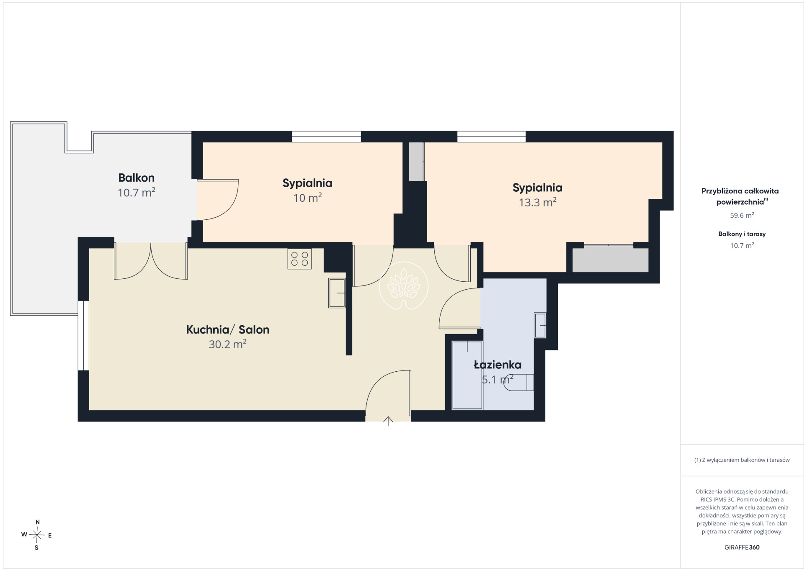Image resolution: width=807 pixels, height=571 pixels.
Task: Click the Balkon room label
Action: [137, 178]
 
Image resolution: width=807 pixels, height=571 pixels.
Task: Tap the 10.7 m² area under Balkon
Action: [137, 193]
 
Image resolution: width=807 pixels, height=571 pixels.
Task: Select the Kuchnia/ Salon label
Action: [228, 330]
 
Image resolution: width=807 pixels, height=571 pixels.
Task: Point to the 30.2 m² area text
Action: [228, 344]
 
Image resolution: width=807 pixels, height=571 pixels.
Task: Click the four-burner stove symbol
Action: [299, 259]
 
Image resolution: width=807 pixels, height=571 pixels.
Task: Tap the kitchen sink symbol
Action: [337, 293]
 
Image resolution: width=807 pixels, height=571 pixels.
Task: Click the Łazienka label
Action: [498, 365]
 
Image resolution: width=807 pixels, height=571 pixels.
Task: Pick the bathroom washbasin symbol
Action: [540, 325]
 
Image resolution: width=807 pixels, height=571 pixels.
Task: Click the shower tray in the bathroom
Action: [467, 376]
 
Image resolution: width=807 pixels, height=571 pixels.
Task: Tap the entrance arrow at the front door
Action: [388, 421]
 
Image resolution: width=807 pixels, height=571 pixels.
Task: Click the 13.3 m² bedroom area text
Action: [538, 203]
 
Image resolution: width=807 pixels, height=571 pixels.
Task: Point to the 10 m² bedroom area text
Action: [307, 198]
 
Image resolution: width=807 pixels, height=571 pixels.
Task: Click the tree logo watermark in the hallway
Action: [404, 285]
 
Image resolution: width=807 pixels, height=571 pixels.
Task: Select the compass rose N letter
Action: [38, 522]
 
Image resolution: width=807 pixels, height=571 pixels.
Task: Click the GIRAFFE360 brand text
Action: [742, 547]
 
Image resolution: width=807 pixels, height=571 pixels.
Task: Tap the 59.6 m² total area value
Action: [742, 215]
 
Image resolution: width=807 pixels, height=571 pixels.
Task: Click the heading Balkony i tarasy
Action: [742, 234]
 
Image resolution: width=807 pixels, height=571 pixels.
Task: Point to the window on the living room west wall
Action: [83, 336]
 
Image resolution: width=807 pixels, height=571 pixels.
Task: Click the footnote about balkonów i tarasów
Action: [742, 460]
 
